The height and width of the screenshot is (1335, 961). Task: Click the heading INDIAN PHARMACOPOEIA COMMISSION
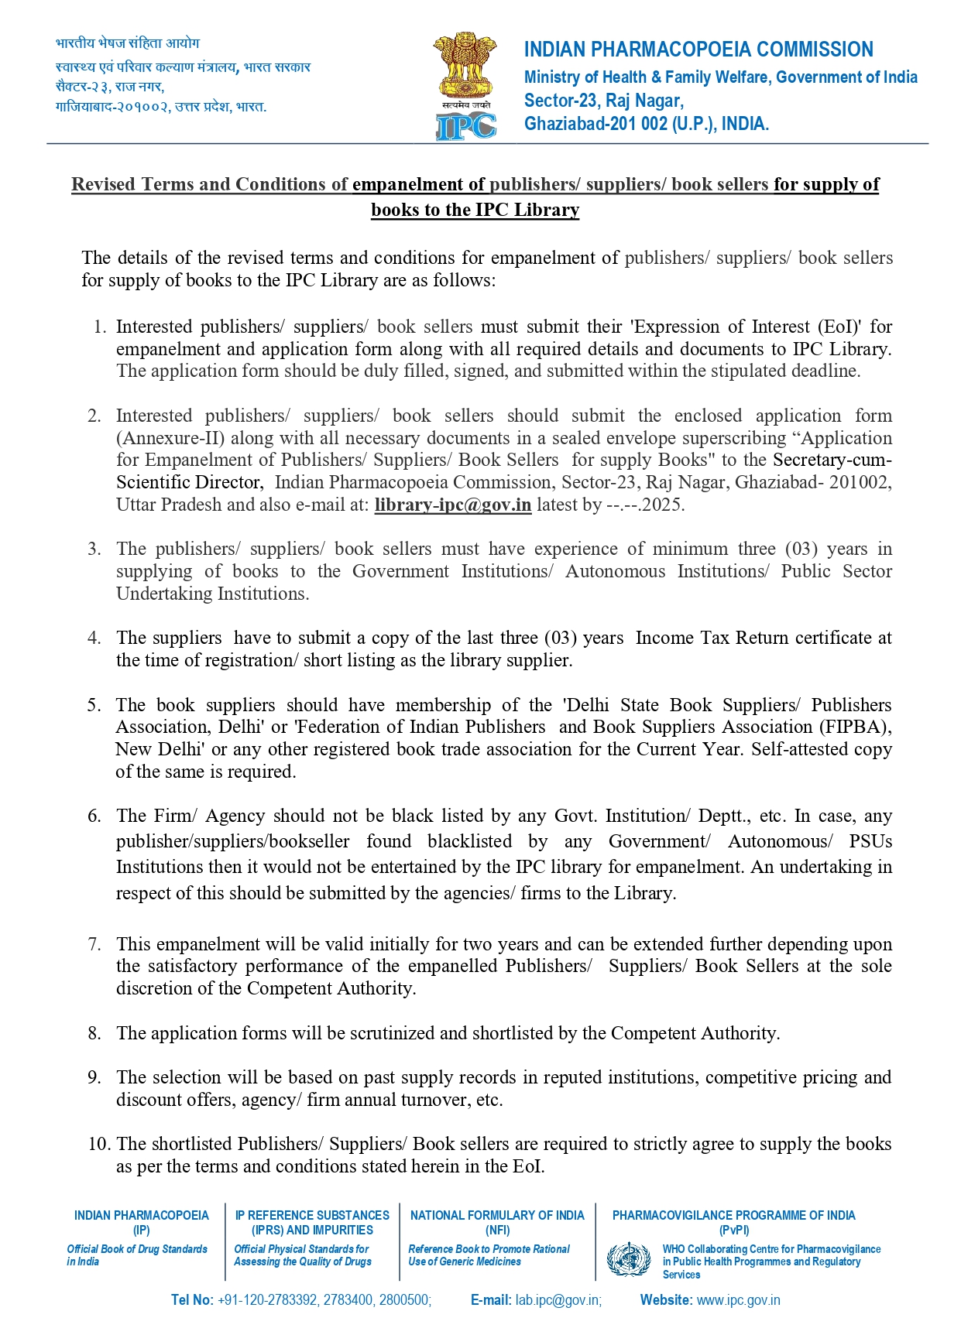[x=698, y=50]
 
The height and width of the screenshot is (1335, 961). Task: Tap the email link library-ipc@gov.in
[x=452, y=505]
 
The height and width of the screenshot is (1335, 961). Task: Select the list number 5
[x=94, y=705]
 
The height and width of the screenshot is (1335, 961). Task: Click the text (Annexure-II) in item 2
[x=170, y=438]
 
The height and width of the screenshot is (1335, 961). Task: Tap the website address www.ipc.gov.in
[x=738, y=1300]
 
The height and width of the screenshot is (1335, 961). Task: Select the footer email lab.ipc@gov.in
[x=558, y=1300]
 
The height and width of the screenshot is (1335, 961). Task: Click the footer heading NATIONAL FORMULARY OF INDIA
[x=497, y=1216]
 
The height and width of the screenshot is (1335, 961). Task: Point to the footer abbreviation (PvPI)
[x=733, y=1231]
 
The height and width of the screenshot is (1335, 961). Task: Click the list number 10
[x=98, y=1144]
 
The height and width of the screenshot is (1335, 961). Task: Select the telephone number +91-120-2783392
[x=267, y=1300]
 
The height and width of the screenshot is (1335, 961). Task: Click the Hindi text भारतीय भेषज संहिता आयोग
[x=128, y=43]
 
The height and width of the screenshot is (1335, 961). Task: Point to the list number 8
[x=94, y=1033]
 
